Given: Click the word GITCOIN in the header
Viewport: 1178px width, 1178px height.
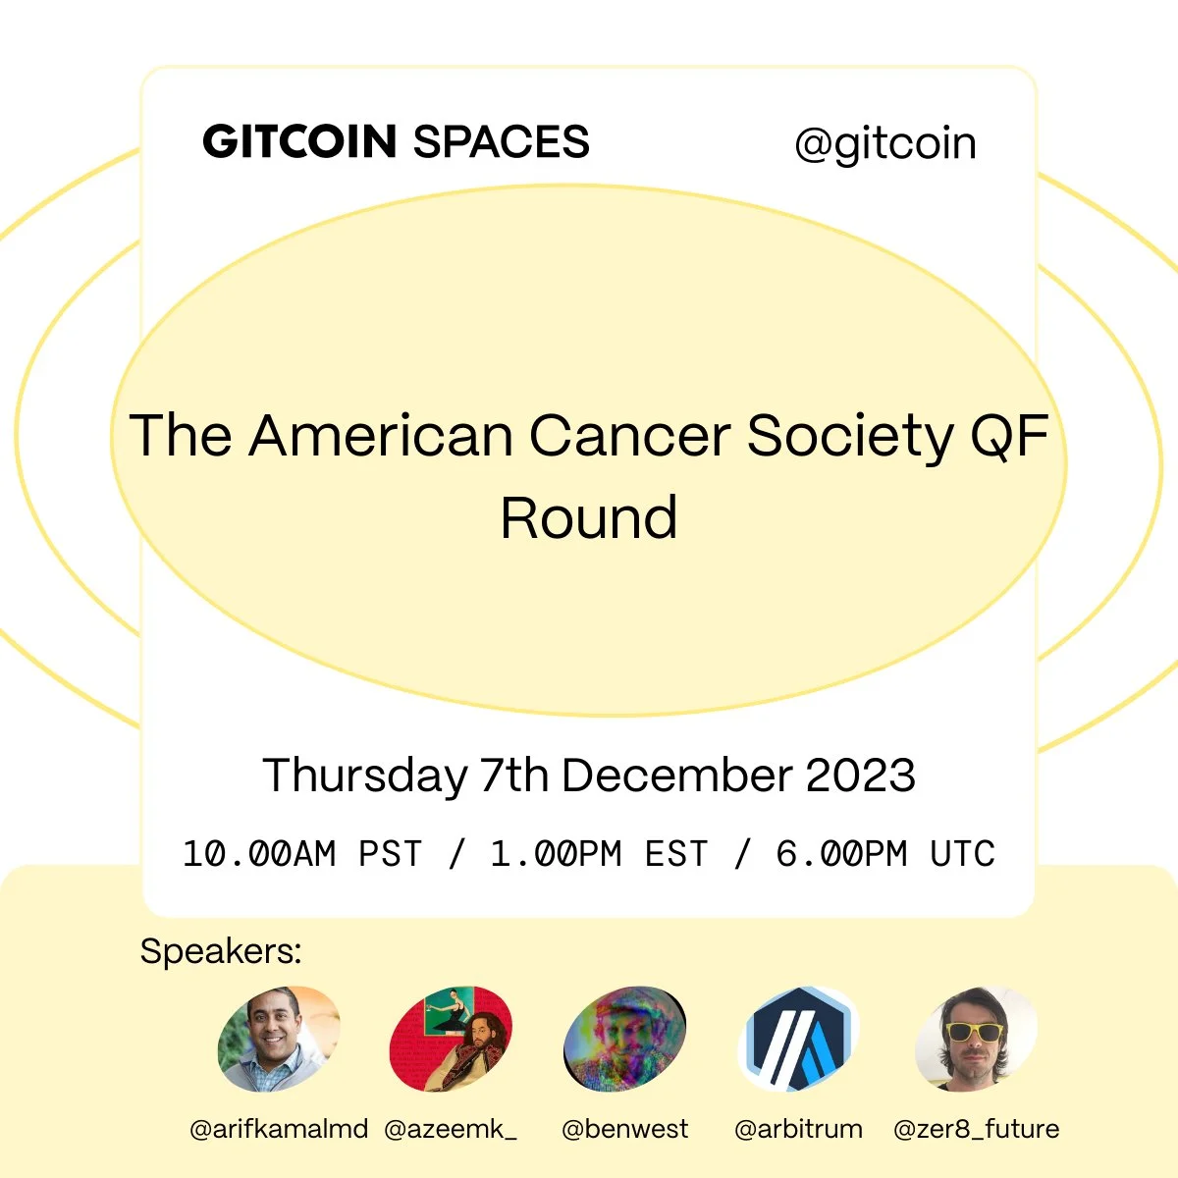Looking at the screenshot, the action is click(x=299, y=141).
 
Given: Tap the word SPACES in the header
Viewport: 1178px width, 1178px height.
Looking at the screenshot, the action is click(x=502, y=141).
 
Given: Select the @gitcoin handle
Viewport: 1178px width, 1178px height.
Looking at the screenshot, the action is click(x=885, y=146).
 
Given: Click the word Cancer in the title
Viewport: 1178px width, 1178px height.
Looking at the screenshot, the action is click(x=630, y=435).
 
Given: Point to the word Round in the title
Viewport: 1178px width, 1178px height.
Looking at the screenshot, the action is click(x=589, y=518).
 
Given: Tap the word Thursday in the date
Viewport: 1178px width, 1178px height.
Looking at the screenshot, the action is click(x=365, y=776).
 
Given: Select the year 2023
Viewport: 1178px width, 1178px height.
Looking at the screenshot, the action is click(x=860, y=775).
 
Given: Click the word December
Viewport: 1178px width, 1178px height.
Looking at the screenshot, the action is click(x=677, y=775).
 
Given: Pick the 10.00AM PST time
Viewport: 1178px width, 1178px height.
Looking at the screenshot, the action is click(x=302, y=853).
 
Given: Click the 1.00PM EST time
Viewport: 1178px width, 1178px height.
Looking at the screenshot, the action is click(x=599, y=853).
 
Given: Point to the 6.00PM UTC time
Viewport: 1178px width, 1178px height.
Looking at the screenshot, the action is click(x=885, y=853).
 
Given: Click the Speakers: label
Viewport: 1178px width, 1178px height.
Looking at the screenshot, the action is click(x=221, y=951).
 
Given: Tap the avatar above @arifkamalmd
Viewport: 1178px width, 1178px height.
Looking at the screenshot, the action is click(x=279, y=1039).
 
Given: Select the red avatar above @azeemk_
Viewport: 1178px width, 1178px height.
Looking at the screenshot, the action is click(x=451, y=1039).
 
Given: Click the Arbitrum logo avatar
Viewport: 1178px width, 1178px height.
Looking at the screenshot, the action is click(x=798, y=1039).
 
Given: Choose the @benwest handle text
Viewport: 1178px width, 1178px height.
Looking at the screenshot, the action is click(x=624, y=1129).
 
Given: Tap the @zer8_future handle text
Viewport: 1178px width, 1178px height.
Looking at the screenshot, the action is click(x=976, y=1129).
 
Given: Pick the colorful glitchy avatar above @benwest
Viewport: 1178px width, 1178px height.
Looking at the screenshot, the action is click(x=624, y=1039).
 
